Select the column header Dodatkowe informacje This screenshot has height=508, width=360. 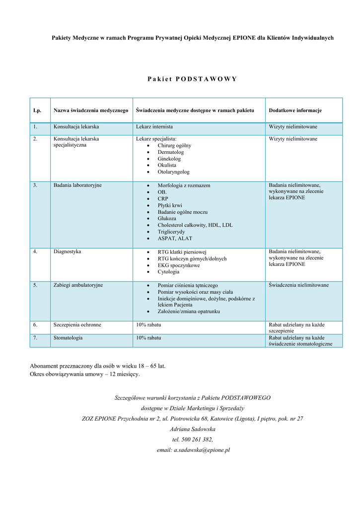click(x=295, y=110)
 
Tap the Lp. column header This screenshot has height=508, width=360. click(x=37, y=110)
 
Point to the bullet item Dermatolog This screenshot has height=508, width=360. click(x=170, y=152)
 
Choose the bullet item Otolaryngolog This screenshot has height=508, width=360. click(x=173, y=172)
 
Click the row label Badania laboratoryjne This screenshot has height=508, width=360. click(x=77, y=185)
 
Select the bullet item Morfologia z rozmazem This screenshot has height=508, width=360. click(x=184, y=186)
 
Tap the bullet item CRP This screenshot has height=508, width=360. click(x=163, y=198)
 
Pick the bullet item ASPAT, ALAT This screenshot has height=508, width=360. click(x=175, y=239)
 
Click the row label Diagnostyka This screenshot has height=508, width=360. click(x=68, y=252)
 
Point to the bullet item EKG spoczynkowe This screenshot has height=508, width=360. click(x=179, y=265)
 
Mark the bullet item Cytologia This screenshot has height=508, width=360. click(x=168, y=272)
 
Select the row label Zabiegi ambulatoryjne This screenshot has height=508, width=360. click(x=78, y=285)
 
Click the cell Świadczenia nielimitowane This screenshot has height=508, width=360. click(x=298, y=285)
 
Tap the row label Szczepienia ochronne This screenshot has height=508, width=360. click(x=77, y=325)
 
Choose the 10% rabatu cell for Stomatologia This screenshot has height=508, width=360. click(x=149, y=338)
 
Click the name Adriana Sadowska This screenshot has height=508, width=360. click(x=193, y=429)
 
